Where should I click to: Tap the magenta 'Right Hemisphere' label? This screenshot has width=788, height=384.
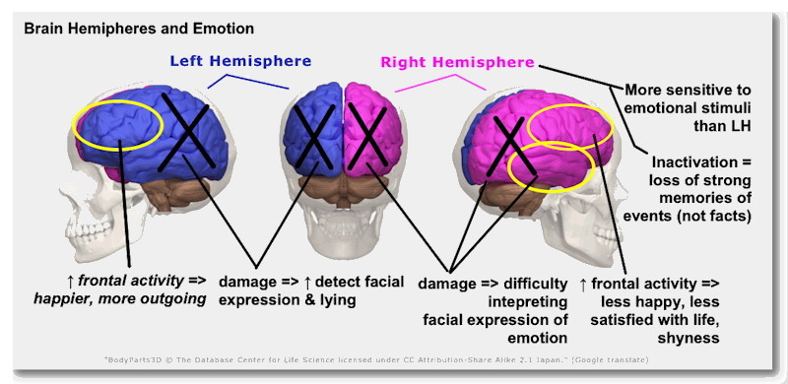coord(457,62)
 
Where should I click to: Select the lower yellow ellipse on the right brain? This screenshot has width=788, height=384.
coord(550,167)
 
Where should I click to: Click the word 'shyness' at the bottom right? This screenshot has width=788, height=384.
coord(689,338)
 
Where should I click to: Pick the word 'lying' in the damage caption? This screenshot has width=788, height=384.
coord(335,300)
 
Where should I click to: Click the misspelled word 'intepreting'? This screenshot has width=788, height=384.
coord(528,300)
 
